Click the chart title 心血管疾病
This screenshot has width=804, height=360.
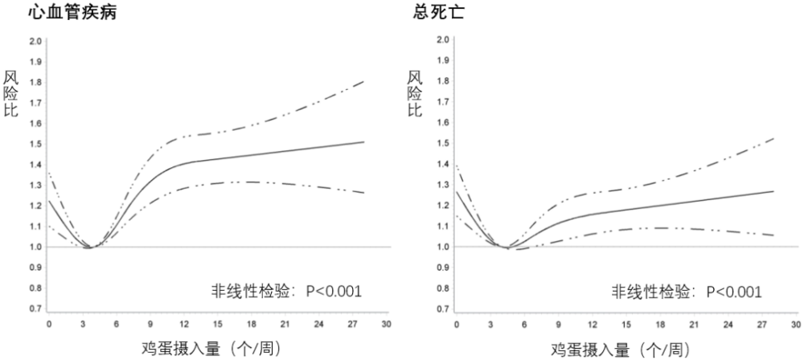pyautogui.click(x=72, y=12)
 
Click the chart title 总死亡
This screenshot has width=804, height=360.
pyautogui.click(x=438, y=12)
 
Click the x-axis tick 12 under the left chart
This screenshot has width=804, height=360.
pyautogui.click(x=184, y=324)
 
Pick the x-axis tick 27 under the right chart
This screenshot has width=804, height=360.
pyautogui.click(x=762, y=325)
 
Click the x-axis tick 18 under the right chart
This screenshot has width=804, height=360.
pyautogui.click(x=660, y=325)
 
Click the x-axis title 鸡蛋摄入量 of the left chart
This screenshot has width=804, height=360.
pyautogui.click(x=181, y=349)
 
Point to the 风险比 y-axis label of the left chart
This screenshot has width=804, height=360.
pyautogui.click(x=10, y=94)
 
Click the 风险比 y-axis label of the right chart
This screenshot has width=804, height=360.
pyautogui.click(x=415, y=94)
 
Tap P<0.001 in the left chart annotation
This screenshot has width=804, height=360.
pyautogui.click(x=334, y=291)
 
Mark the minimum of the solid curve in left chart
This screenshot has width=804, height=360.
pyautogui.click(x=89, y=247)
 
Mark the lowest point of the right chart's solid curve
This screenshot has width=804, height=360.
pyautogui.click(x=507, y=247)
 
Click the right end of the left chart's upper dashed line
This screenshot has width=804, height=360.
pyautogui.click(x=364, y=81)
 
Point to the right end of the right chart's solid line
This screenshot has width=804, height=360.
pyautogui.click(x=773, y=190)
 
